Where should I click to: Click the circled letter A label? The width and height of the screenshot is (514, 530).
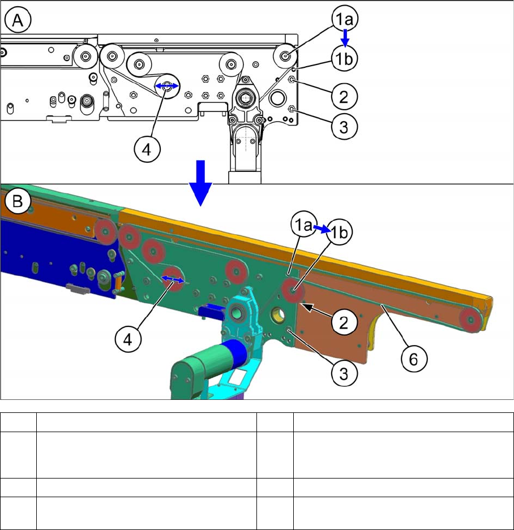tap(18, 20)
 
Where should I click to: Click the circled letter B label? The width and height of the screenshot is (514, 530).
tap(18, 201)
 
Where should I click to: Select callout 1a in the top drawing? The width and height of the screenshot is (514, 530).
tap(345, 19)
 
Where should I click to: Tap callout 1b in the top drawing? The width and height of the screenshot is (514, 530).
tap(344, 58)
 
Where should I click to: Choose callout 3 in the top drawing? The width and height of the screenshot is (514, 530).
tap(344, 127)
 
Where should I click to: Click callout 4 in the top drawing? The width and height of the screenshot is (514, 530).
tap(147, 149)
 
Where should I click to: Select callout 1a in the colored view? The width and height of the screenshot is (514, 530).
tap(303, 225)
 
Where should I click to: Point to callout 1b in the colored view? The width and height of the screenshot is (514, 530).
tap(340, 232)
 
